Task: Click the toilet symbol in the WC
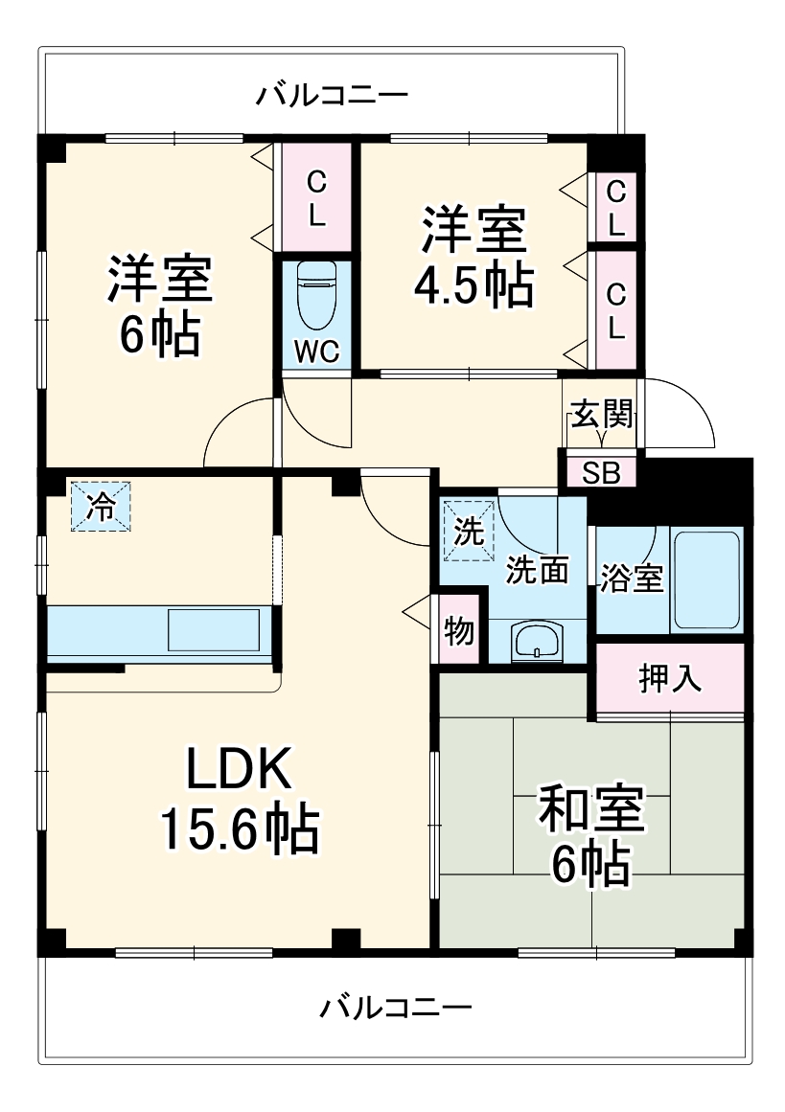[315, 298]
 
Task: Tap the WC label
[315, 352]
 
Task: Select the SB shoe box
[601, 472]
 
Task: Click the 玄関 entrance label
[601, 415]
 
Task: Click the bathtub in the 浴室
[706, 579]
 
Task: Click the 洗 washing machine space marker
[469, 530]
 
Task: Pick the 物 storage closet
[459, 631]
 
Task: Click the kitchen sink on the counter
[214, 629]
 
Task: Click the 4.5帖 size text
[473, 283]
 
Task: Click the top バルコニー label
[332, 95]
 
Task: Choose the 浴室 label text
[632, 579]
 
